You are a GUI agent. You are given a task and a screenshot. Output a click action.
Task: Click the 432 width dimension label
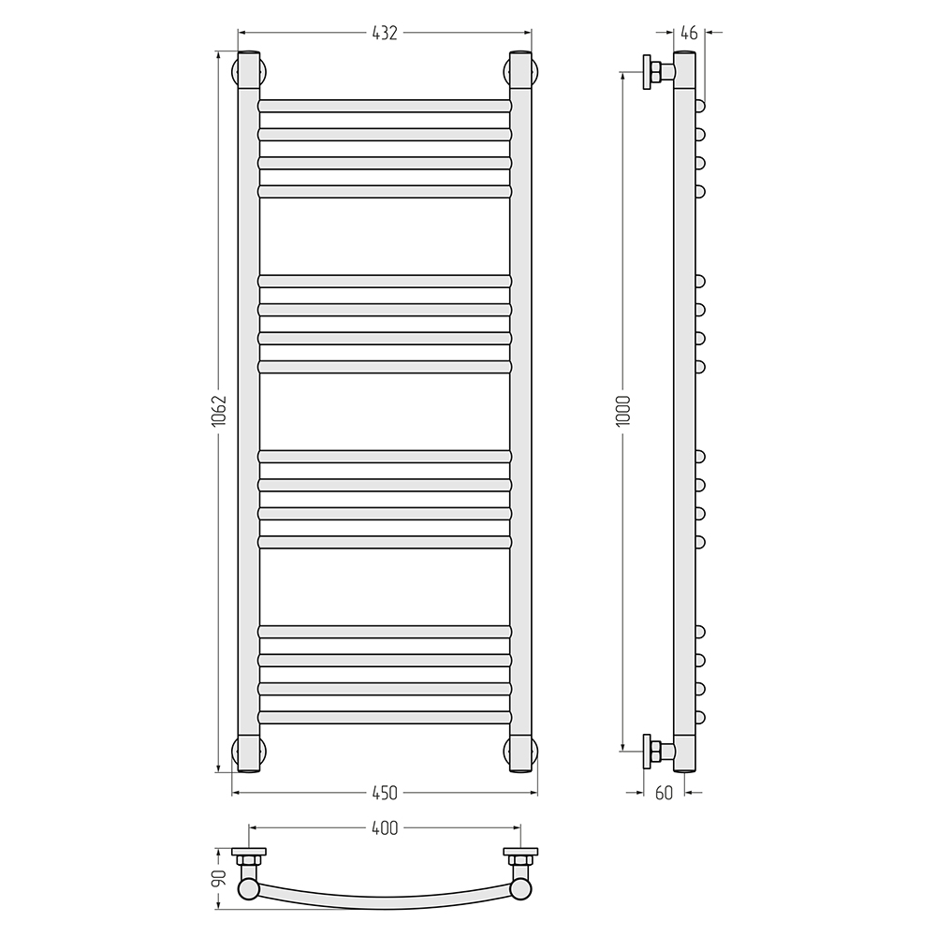pos(385,33)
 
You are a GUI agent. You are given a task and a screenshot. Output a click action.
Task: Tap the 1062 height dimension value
pos(219,410)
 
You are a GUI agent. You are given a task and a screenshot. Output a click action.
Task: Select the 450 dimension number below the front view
pos(385,793)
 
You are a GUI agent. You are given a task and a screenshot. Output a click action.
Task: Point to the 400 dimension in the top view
pos(385,828)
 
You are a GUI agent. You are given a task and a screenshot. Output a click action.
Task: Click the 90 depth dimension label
pos(219,877)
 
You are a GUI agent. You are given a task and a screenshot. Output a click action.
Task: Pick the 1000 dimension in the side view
pos(623,410)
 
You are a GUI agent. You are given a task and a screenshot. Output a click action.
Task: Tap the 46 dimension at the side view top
pos(689,33)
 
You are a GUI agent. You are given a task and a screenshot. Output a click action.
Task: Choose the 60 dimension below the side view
pos(664,793)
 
